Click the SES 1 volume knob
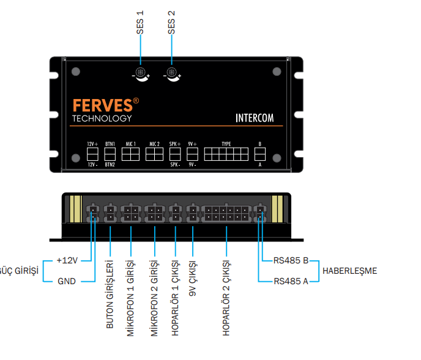(141, 75)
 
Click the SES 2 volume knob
(173, 75)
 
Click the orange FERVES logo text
(102, 105)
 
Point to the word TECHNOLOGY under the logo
(102, 118)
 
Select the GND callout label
(67, 282)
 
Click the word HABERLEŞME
(349, 271)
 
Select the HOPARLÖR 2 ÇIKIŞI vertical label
(226, 299)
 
